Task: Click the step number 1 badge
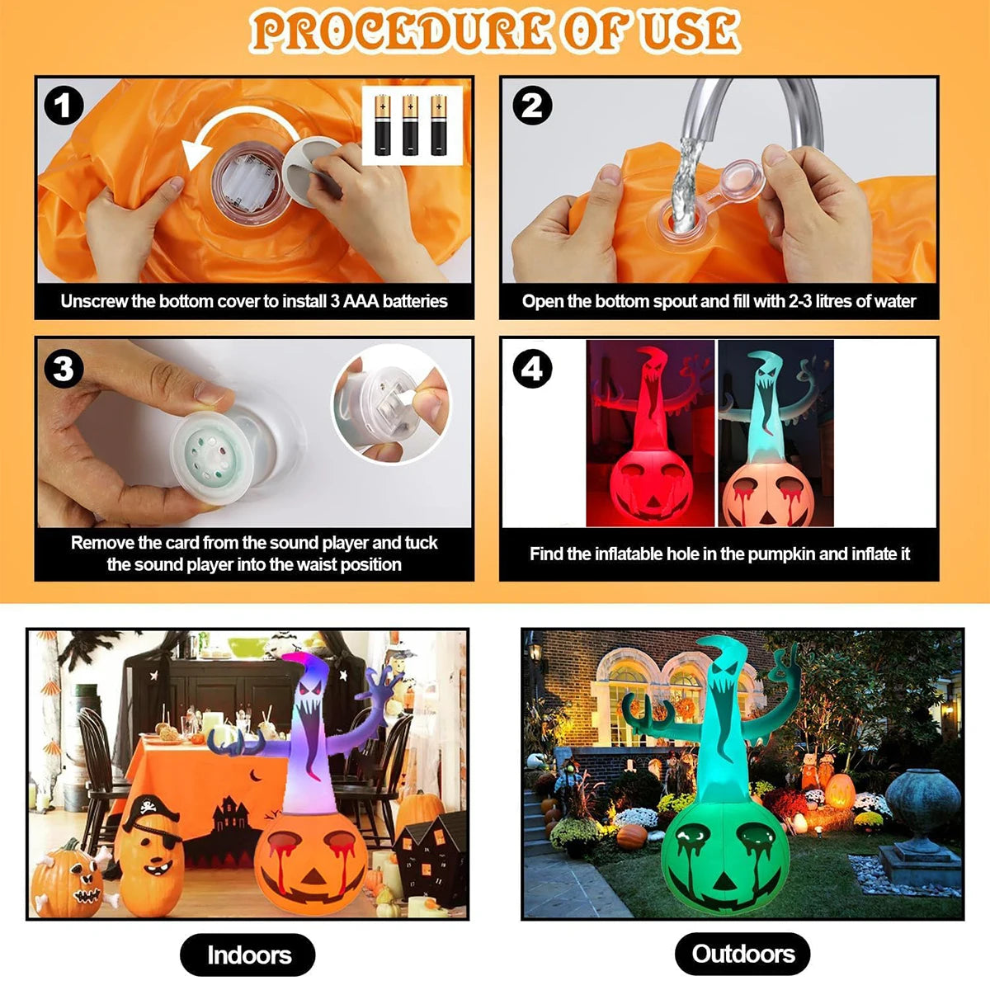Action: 64,106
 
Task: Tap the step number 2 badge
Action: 532,106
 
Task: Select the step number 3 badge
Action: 64,369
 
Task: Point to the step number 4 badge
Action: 532,369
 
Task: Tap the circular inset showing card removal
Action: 391,403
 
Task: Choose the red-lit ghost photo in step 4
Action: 650,434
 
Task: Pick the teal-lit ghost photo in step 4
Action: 775,434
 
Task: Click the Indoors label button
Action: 247,955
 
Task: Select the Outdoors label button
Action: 742,954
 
